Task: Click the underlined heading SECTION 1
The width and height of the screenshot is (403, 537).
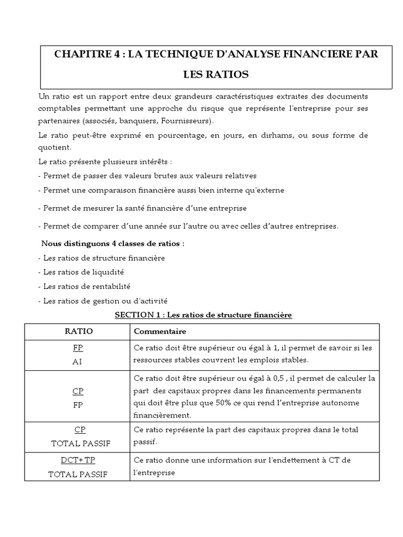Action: pyautogui.click(x=203, y=315)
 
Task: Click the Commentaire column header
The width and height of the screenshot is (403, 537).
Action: pyautogui.click(x=160, y=331)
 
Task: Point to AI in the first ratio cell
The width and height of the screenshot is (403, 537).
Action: pyautogui.click(x=77, y=362)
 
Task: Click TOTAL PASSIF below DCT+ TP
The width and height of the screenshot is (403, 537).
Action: pyautogui.click(x=78, y=474)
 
